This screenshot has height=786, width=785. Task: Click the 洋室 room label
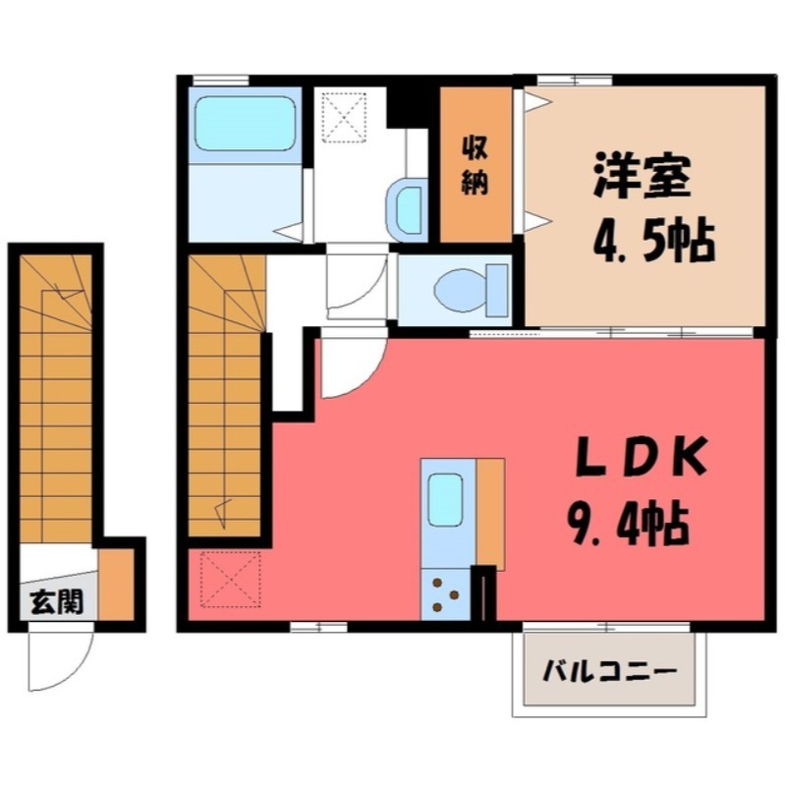coord(643,178)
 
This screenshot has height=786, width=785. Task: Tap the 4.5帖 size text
coord(652,241)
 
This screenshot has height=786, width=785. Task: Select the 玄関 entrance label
coord(48,598)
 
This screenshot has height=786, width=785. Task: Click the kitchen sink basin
coord(446,500)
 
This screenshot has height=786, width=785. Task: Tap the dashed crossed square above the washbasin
coord(346,117)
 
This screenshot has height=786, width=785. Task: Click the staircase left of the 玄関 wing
coord(58,393)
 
